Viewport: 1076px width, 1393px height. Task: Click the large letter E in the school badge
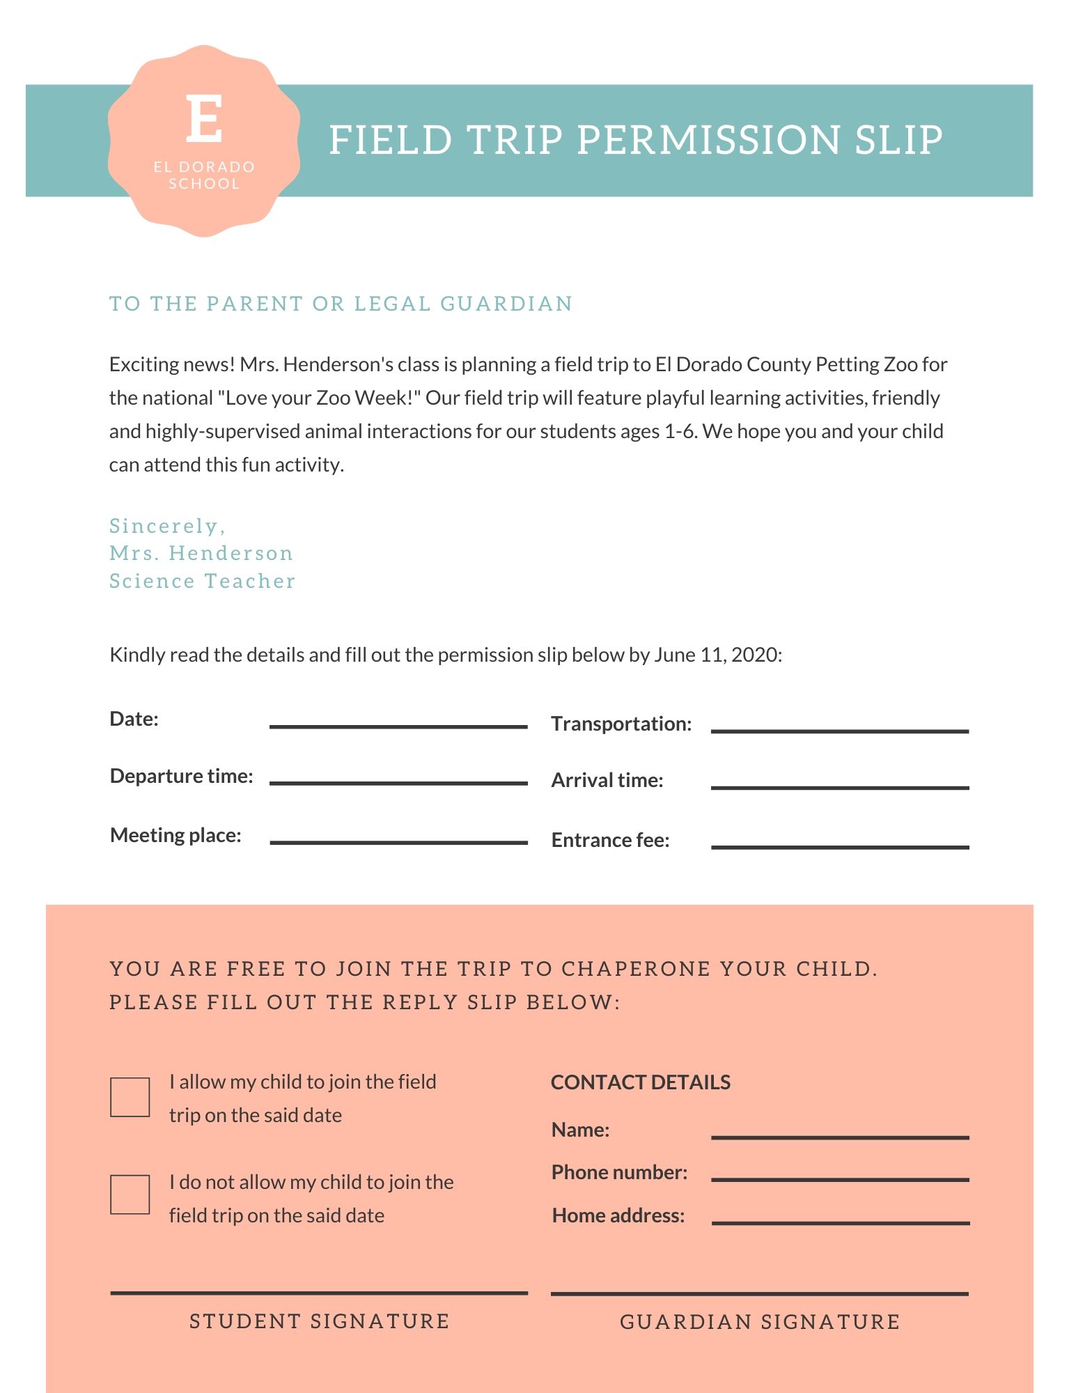(x=204, y=119)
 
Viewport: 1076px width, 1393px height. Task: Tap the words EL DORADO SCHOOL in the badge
(x=204, y=176)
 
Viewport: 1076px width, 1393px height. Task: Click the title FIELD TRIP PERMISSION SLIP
(x=635, y=140)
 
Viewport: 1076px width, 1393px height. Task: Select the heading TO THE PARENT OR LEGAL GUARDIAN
(x=341, y=304)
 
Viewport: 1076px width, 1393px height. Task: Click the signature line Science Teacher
(x=202, y=581)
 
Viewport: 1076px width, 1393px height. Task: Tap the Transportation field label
(x=621, y=724)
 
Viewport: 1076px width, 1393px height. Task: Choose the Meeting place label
(x=176, y=835)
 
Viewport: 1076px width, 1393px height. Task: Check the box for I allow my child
(x=130, y=1097)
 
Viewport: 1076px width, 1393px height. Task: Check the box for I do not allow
(x=130, y=1194)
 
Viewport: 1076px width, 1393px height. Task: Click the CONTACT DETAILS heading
(x=641, y=1082)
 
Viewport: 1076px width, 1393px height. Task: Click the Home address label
(x=618, y=1216)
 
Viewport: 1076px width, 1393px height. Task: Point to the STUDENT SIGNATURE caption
(x=320, y=1321)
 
